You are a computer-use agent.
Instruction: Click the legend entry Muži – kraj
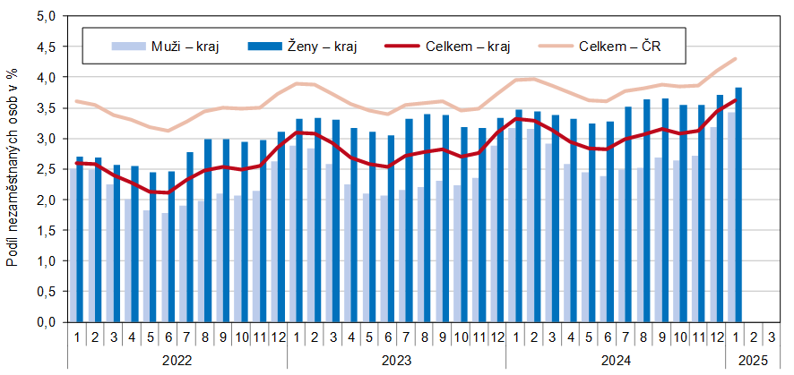coord(166,46)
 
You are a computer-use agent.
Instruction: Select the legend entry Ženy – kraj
coord(309,46)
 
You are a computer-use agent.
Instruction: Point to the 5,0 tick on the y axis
coord(46,17)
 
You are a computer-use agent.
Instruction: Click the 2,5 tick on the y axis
coord(46,169)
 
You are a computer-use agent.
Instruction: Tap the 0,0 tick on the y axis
coord(46,322)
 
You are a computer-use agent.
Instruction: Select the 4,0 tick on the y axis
coord(46,78)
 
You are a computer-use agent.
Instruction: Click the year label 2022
coord(177,360)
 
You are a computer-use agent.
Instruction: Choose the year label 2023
coord(396,360)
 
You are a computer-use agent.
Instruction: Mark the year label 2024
coord(616,360)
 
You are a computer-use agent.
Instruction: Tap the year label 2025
coord(753,360)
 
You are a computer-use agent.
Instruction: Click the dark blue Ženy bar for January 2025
coord(738,205)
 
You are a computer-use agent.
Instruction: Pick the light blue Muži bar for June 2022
coord(164,267)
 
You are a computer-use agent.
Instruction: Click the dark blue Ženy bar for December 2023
coord(500,219)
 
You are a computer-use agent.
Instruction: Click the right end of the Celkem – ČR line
coord(736,59)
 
